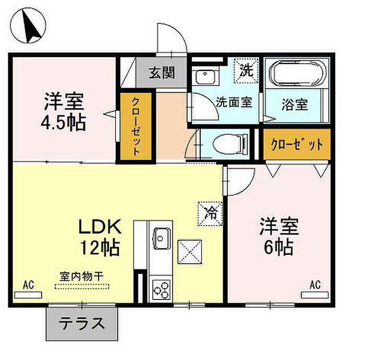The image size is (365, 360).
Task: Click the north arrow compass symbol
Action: point(28,26)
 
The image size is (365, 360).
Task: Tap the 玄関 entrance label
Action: point(162,72)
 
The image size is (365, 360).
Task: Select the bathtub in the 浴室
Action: point(297,73)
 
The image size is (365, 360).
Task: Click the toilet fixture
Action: point(230,144)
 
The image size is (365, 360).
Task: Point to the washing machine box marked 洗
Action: point(246,70)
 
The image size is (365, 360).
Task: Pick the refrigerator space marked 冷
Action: point(210,214)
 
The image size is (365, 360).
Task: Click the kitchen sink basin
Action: point(161,239)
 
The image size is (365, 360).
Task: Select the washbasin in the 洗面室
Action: point(205,77)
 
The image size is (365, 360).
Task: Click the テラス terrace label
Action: point(82,323)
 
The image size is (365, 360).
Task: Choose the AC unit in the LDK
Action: point(28,295)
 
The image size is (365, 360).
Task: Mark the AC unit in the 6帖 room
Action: point(315,295)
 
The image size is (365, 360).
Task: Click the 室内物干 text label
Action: point(81,276)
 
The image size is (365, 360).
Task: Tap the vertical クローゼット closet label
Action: point(136,127)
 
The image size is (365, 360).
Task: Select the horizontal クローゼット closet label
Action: point(297,144)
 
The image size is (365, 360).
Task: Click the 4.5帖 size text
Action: point(63,122)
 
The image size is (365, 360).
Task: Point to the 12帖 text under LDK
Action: point(100,248)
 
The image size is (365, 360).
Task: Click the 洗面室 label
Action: point(234,102)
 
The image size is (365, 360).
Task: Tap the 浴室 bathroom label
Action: point(295,104)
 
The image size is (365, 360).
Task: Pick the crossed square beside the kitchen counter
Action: point(190,252)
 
